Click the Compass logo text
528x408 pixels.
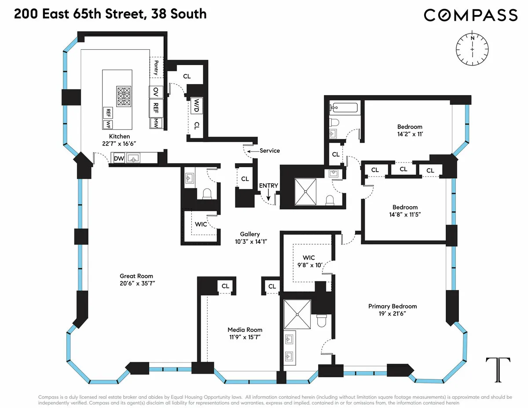coord(470,15)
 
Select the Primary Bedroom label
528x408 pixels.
coord(392,306)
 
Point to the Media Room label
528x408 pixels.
coord(245,330)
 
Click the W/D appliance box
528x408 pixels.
coord(196,106)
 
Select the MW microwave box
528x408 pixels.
coord(155,124)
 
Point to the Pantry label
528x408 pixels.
coord(156,67)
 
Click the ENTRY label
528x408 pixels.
coord(268,185)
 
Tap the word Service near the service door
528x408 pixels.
coord(270,151)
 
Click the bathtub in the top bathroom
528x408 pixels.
coord(345,107)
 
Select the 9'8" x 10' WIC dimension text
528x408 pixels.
coord(313,265)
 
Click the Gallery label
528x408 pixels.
coord(250,234)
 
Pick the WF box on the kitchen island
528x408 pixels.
coord(108,125)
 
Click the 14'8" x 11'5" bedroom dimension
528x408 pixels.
coord(405,215)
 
